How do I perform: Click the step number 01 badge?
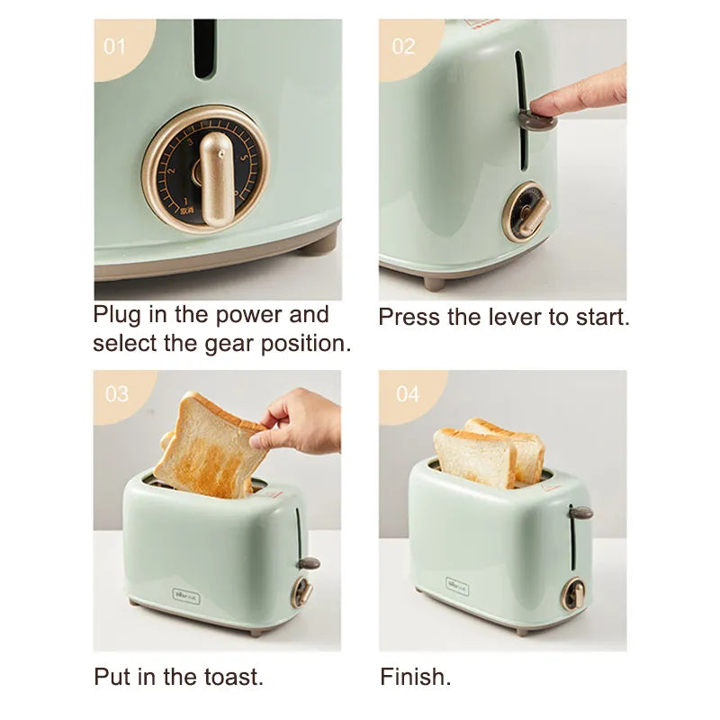(114, 45)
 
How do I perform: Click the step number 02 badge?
(402, 45)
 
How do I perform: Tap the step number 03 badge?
(117, 394)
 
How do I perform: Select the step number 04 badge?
(407, 394)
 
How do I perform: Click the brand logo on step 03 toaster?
(186, 595)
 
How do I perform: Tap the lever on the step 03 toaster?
(309, 563)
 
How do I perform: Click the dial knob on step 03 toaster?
(302, 591)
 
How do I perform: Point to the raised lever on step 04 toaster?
(580, 512)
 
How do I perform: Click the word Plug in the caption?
(122, 315)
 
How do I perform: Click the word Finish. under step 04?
(416, 676)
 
